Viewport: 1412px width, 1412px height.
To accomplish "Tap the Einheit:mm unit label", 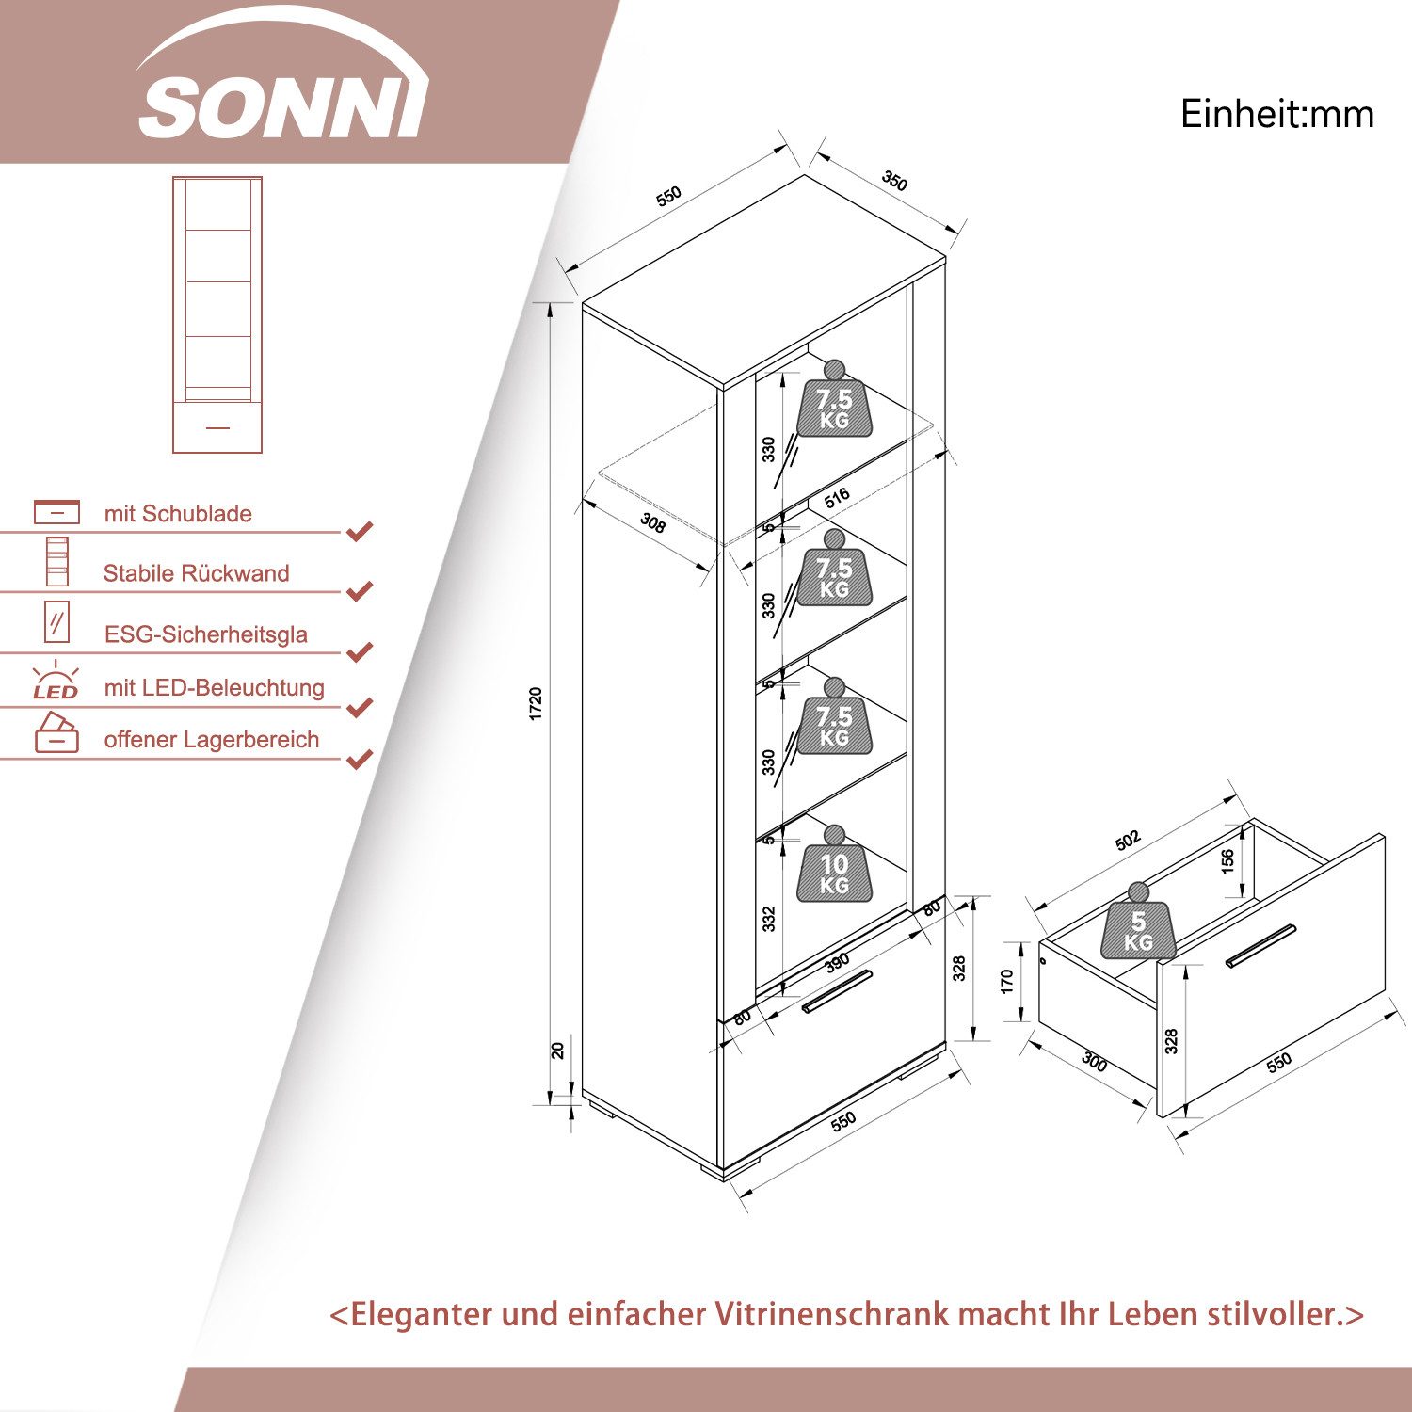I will [x=1276, y=115].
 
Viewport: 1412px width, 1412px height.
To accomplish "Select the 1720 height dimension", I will [x=536, y=704].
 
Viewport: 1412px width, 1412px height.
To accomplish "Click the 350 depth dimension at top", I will [x=893, y=181].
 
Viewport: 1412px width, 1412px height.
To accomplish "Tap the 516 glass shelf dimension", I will [x=837, y=497].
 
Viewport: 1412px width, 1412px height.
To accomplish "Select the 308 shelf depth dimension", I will [x=652, y=522].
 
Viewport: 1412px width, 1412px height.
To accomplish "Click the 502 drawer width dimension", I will [x=1128, y=840].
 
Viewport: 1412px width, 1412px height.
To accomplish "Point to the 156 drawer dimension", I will [x=1227, y=861].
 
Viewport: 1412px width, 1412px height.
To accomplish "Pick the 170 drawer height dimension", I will [x=1007, y=982].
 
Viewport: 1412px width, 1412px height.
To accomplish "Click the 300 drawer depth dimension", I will [x=1094, y=1062].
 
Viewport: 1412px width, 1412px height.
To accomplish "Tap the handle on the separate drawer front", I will [x=1260, y=945].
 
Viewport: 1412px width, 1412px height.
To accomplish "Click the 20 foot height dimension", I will [x=557, y=1051].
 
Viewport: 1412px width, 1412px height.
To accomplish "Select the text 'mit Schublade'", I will [x=178, y=514].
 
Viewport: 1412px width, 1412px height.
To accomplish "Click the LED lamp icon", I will [x=56, y=681].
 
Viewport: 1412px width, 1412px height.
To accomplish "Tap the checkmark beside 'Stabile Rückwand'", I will [x=360, y=591].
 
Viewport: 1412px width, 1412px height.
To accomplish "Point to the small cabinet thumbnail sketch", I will [x=217, y=314].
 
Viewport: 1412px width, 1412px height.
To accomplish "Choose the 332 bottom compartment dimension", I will [x=769, y=919].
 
